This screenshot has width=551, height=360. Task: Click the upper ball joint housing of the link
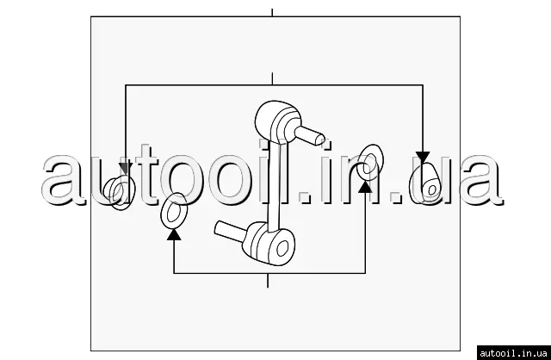277,121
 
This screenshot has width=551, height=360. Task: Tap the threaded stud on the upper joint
310,135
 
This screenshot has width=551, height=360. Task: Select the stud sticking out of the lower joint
230,232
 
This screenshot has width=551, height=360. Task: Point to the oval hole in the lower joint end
282,248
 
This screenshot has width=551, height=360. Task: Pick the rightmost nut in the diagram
426,184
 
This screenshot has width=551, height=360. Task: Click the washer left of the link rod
174,211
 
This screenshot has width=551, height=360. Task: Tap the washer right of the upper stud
369,163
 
